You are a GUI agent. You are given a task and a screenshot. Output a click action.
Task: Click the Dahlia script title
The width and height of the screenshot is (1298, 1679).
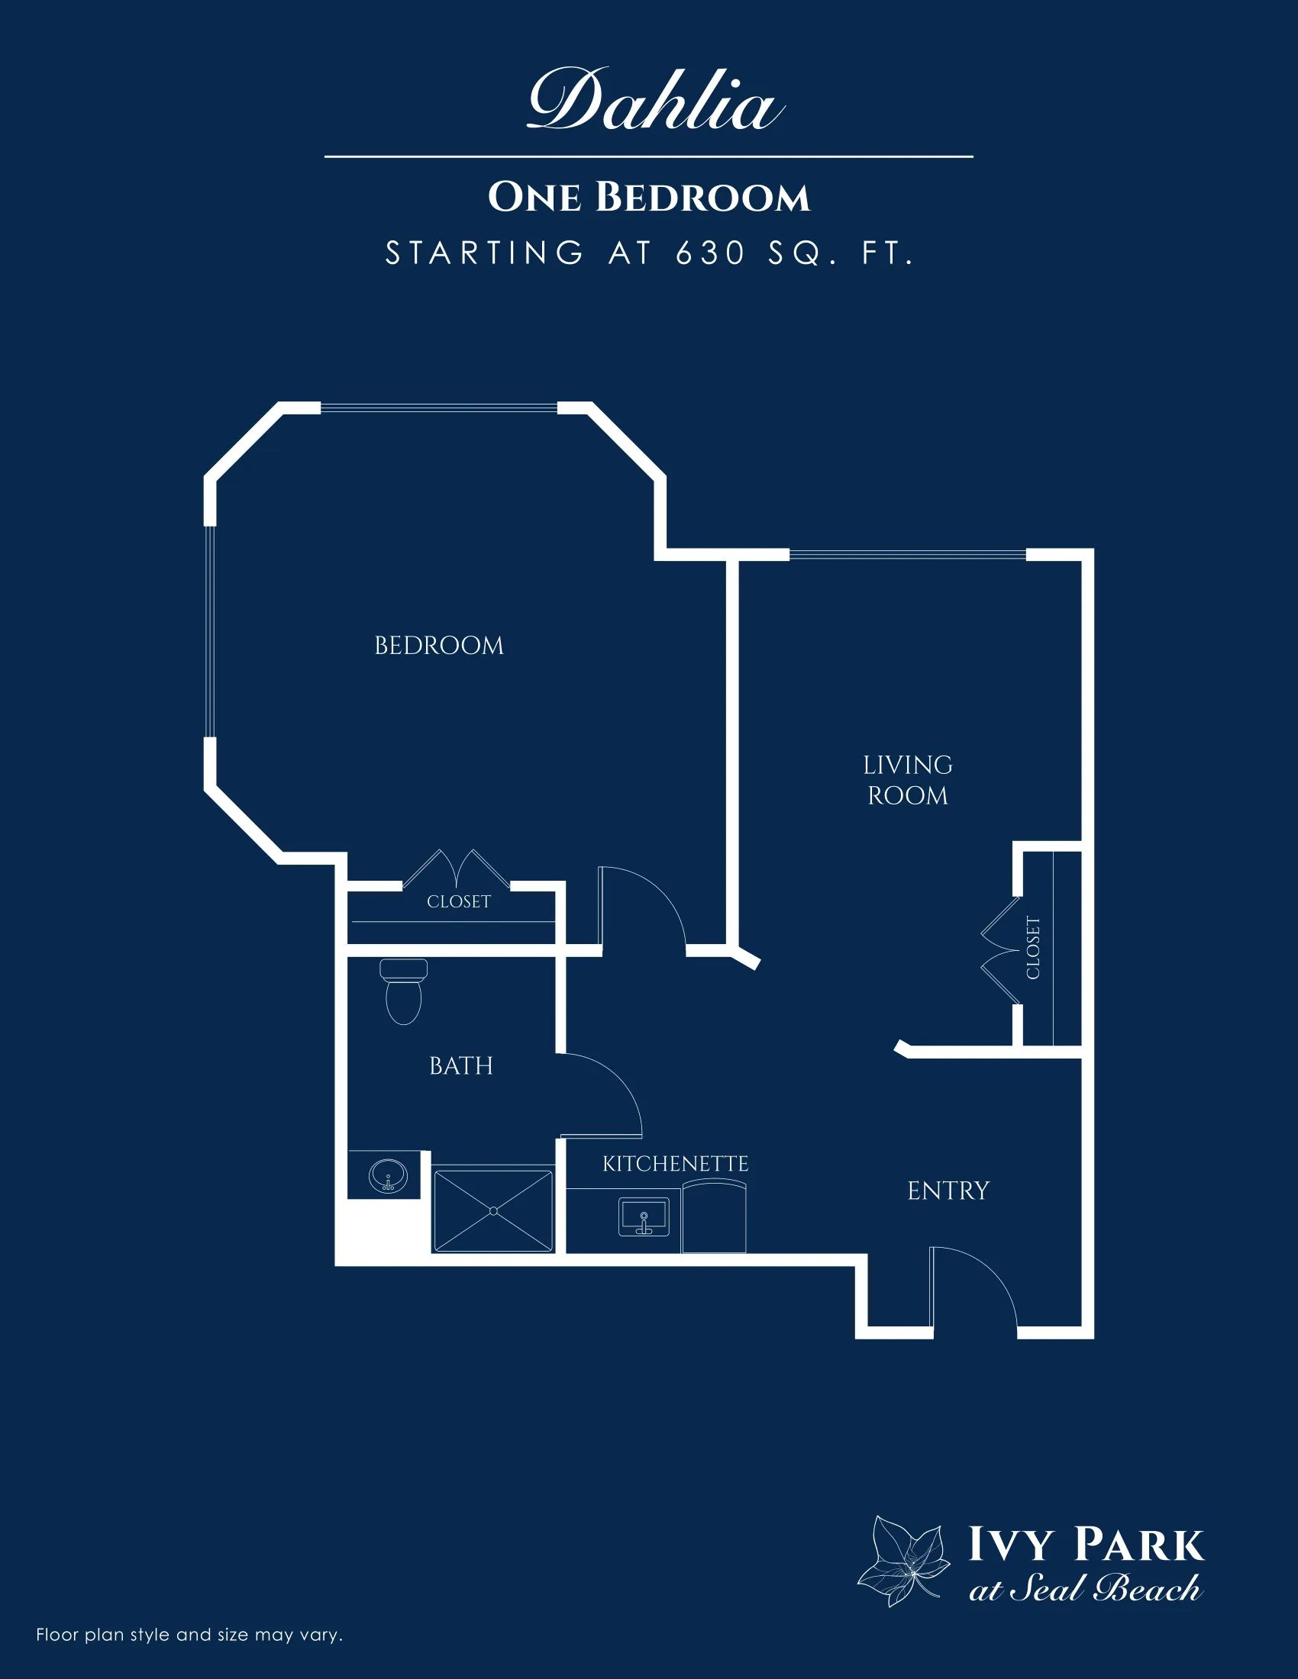tap(656, 100)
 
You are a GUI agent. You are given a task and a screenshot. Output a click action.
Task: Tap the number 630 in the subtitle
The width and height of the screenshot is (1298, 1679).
tap(712, 253)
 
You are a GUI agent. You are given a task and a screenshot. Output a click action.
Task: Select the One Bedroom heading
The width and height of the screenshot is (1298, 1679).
tap(649, 198)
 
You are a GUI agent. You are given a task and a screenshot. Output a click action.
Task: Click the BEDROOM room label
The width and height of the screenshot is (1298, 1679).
tap(439, 646)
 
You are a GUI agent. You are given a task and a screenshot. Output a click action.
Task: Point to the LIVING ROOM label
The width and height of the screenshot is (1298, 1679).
tap(907, 780)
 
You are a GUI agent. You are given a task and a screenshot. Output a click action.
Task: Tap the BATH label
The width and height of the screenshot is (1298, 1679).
tap(460, 1065)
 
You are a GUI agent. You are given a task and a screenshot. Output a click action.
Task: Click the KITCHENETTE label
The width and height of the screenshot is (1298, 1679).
tap(675, 1164)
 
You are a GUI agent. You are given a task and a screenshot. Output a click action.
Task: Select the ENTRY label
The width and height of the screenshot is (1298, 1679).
tap(948, 1191)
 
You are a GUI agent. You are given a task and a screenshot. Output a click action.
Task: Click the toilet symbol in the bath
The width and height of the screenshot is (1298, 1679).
tap(403, 991)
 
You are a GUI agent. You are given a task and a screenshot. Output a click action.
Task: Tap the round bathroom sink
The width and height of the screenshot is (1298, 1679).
tap(389, 1175)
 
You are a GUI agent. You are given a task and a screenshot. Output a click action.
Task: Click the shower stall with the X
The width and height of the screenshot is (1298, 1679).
tap(493, 1211)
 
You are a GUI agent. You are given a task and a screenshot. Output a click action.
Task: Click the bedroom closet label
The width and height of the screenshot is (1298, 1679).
tap(458, 901)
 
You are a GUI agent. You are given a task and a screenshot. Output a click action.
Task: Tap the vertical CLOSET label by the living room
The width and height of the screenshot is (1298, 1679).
tap(1033, 948)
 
